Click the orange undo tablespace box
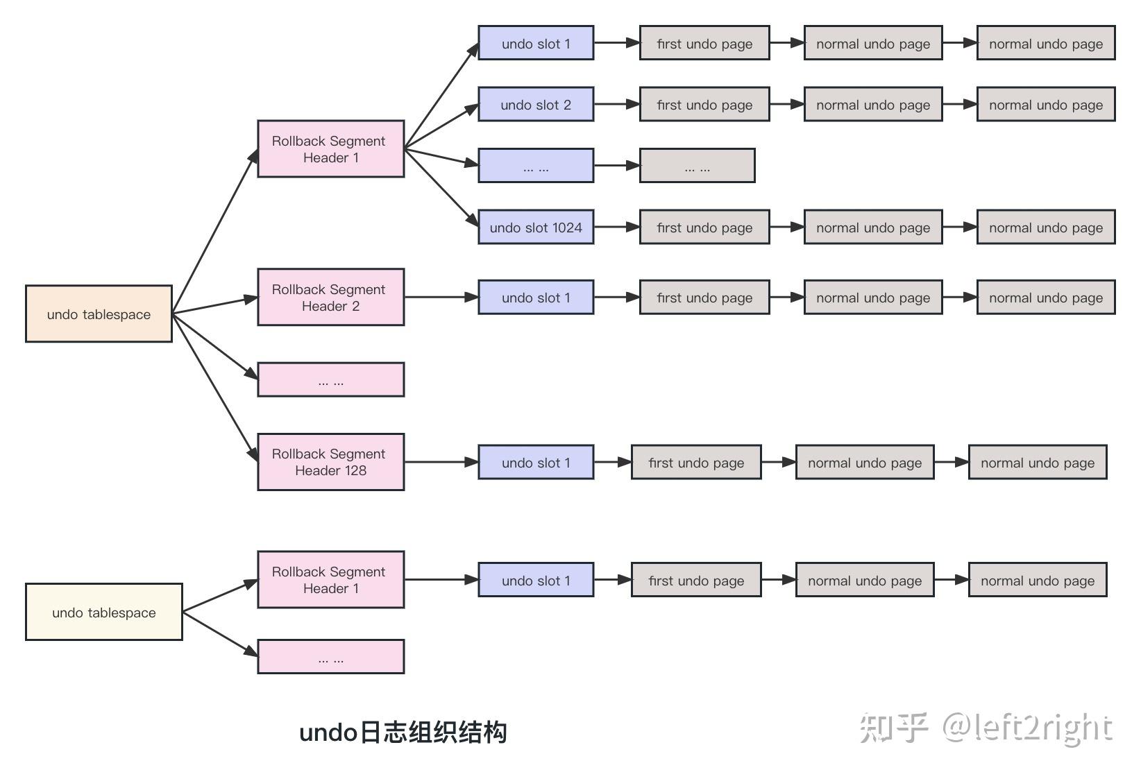(99, 314)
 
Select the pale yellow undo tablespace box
(103, 612)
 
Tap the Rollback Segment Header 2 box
(330, 298)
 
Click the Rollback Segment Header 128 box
(330, 462)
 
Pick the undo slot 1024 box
(536, 227)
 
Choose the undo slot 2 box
(536, 104)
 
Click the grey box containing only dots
(697, 166)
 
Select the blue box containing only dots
(536, 166)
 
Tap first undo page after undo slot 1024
(704, 227)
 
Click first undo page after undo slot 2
(704, 104)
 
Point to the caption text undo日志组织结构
(403, 733)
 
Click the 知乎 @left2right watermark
(986, 728)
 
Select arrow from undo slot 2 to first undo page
(616, 104)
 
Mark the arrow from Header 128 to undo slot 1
(441, 462)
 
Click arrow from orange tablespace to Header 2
(214, 306)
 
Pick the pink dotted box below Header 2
(330, 379)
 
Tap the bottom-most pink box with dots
(330, 656)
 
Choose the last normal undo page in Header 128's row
(1038, 462)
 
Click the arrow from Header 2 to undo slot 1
(441, 298)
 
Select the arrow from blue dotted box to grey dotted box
(616, 166)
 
